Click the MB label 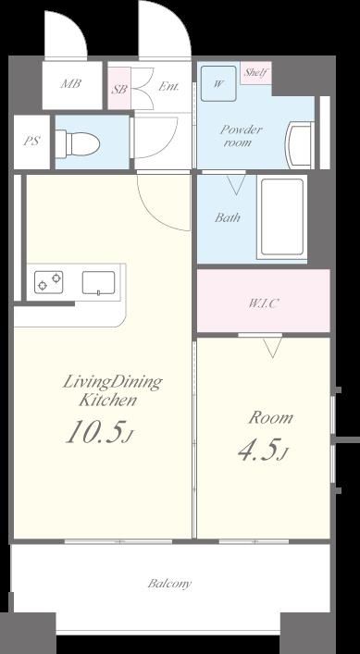pyautogui.click(x=71, y=84)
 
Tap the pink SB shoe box pyautogui.click(x=119, y=89)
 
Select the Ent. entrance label pyautogui.click(x=168, y=87)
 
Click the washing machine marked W pyautogui.click(x=218, y=83)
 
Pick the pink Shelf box pyautogui.click(x=255, y=72)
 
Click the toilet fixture pyautogui.click(x=78, y=144)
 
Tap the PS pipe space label pyautogui.click(x=31, y=141)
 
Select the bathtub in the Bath pyautogui.click(x=282, y=216)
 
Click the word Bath pyautogui.click(x=228, y=217)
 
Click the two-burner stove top pyautogui.click(x=49, y=282)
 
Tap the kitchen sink pyautogui.click(x=98, y=283)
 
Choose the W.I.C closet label pyautogui.click(x=263, y=303)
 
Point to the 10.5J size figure pyautogui.click(x=100, y=432)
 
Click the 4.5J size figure pyautogui.click(x=263, y=450)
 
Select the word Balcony pyautogui.click(x=169, y=584)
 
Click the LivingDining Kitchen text pyautogui.click(x=112, y=390)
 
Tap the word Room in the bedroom pyautogui.click(x=271, y=417)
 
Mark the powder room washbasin pyautogui.click(x=299, y=144)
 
